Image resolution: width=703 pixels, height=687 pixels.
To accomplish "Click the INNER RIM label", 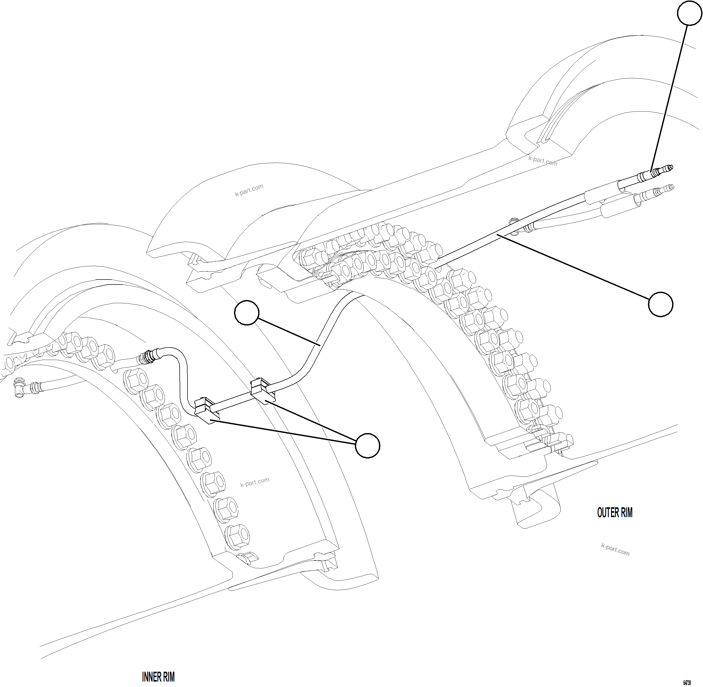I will pos(158,677).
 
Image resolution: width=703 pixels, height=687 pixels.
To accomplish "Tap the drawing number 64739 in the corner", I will pos(687,683).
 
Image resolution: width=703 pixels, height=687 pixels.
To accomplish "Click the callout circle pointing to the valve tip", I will pos(689,13).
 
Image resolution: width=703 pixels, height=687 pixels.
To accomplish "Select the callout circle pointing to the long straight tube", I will pos(660,304).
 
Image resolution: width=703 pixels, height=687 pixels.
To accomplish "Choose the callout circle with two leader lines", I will pos(367,446).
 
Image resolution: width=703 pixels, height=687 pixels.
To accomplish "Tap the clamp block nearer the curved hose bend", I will pos(263,390).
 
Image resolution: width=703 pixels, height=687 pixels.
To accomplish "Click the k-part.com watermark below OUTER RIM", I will pos(615,550).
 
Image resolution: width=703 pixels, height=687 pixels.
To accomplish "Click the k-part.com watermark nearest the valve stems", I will pos(543,161).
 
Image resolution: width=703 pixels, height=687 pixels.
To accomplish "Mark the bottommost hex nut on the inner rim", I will pos(237,535).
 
